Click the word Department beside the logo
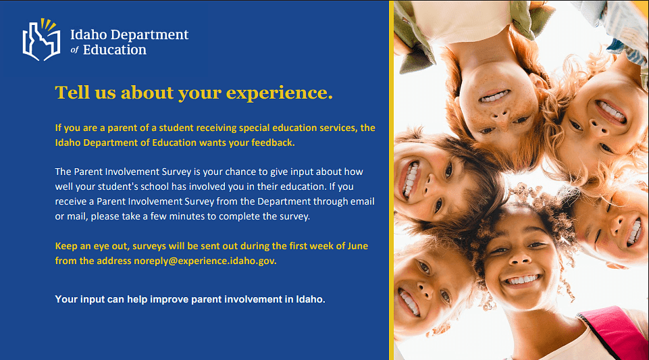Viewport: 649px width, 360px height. click(149, 34)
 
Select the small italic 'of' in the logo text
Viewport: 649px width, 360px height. click(74, 50)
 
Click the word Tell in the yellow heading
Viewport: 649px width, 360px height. click(72, 93)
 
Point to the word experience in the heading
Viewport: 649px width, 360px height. click(279, 93)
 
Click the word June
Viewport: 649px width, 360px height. click(358, 246)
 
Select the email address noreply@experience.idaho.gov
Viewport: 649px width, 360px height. click(205, 261)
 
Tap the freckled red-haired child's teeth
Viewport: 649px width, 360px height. click(494, 97)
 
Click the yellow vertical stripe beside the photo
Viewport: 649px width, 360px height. click(391, 180)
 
